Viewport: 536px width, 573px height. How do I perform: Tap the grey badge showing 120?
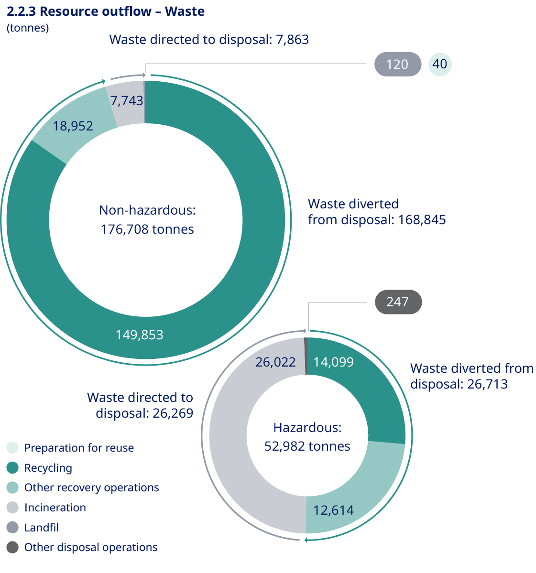[x=397, y=65]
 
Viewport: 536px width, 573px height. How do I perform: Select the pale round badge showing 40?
[x=440, y=64]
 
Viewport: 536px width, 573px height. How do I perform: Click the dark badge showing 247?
[x=398, y=302]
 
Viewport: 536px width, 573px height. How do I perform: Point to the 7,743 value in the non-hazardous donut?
[x=127, y=100]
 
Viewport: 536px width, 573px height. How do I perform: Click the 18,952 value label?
[x=73, y=126]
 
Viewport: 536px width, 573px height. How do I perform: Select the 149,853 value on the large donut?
[x=140, y=335]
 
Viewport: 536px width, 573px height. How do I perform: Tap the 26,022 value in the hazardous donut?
[x=276, y=362]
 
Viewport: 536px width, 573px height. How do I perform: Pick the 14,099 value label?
[x=334, y=362]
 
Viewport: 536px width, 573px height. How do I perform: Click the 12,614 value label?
[x=334, y=510]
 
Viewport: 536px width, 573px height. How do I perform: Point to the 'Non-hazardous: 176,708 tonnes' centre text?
[x=147, y=220]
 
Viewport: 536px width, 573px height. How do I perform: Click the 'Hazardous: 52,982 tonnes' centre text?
[x=307, y=437]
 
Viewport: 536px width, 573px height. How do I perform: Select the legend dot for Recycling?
[x=13, y=468]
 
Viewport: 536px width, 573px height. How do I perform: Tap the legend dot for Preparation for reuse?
[x=13, y=448]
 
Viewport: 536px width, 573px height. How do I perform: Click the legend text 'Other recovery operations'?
[x=91, y=487]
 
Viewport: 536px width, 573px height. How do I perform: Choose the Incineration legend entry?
[x=55, y=508]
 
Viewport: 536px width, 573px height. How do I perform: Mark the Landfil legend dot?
[x=13, y=528]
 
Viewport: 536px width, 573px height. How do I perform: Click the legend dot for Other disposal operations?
[x=13, y=548]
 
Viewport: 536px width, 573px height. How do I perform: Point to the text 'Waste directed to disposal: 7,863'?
[x=209, y=40]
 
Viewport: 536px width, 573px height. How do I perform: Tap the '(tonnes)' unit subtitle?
[x=28, y=28]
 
